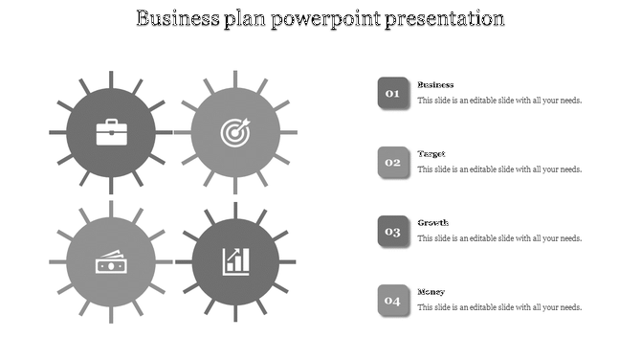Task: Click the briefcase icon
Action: point(111,132)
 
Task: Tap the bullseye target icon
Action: point(234,132)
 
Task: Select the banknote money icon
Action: point(111,261)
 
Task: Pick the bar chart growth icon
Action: point(234,261)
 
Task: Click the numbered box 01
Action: point(392,93)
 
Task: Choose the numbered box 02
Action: point(392,162)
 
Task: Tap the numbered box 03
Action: point(392,231)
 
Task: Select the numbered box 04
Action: point(392,300)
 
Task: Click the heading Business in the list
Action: point(435,85)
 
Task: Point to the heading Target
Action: point(431,154)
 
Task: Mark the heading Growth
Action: point(432,223)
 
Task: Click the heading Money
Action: point(431,292)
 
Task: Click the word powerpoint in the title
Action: point(325,19)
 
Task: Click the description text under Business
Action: point(499,101)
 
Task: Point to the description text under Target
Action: point(499,169)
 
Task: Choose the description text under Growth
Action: point(499,238)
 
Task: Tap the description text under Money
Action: point(499,307)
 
